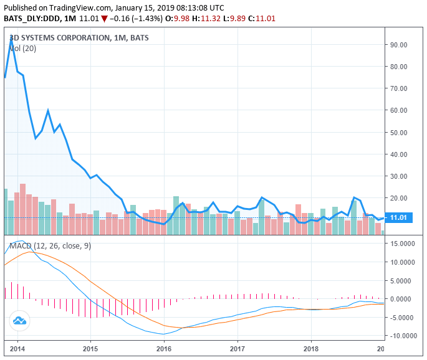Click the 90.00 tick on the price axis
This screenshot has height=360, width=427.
click(398, 45)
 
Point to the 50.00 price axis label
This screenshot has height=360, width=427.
click(398, 133)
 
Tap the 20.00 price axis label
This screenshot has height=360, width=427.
click(398, 198)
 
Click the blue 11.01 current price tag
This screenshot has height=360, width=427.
click(398, 217)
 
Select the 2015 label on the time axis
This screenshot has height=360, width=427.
click(90, 349)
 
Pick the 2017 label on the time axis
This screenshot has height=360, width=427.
click(237, 349)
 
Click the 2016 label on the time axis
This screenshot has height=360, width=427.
click(164, 349)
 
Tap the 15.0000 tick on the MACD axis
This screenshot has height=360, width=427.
click(403, 244)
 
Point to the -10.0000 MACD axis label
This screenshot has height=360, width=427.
click(401, 336)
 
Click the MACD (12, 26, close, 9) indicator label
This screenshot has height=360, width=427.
click(49, 246)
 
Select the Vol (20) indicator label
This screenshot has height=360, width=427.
click(22, 49)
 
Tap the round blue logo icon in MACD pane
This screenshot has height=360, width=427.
click(19, 321)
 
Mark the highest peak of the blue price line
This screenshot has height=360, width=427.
click(11, 39)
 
